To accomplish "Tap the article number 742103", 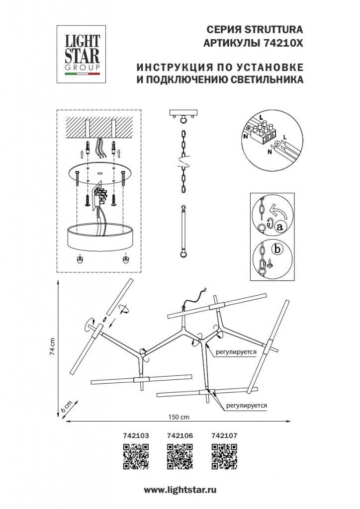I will [x=135, y=435].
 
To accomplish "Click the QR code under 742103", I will [x=136, y=456].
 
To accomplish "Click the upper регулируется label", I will [x=236, y=351].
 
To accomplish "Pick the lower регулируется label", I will [x=246, y=405].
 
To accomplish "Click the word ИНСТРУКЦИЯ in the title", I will [x=174, y=67].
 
